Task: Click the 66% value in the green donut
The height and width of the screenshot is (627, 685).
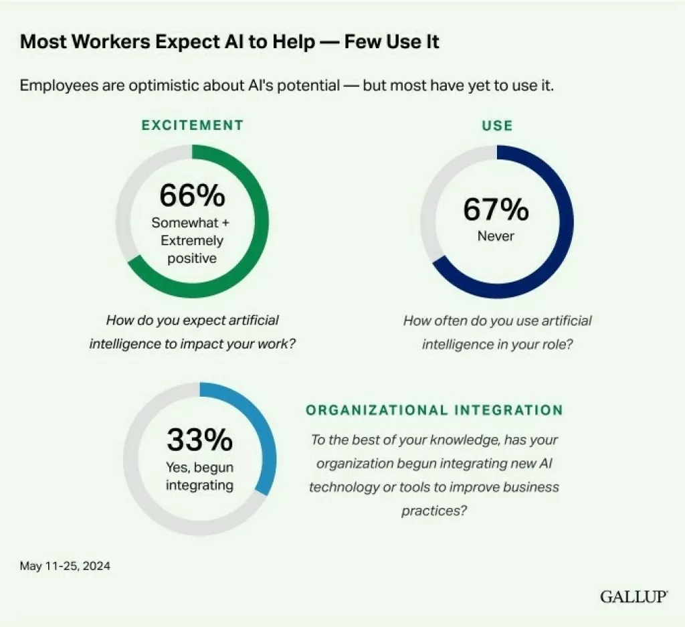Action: tap(192, 195)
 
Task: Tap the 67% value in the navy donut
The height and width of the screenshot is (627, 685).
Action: tap(496, 209)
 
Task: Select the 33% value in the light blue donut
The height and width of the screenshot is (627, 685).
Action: tap(199, 440)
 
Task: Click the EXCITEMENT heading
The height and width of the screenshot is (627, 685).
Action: tap(192, 125)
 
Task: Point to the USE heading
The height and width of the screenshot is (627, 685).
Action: tap(497, 125)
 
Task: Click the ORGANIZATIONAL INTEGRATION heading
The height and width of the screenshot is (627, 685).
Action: tap(434, 410)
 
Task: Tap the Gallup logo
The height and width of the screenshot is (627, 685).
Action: tap(633, 596)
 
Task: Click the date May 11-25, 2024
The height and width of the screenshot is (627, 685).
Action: tap(65, 566)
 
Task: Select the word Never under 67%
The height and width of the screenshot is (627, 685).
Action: tap(496, 236)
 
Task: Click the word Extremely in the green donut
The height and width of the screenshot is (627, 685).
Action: tap(192, 241)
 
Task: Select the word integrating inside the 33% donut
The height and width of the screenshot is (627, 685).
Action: tap(199, 484)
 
